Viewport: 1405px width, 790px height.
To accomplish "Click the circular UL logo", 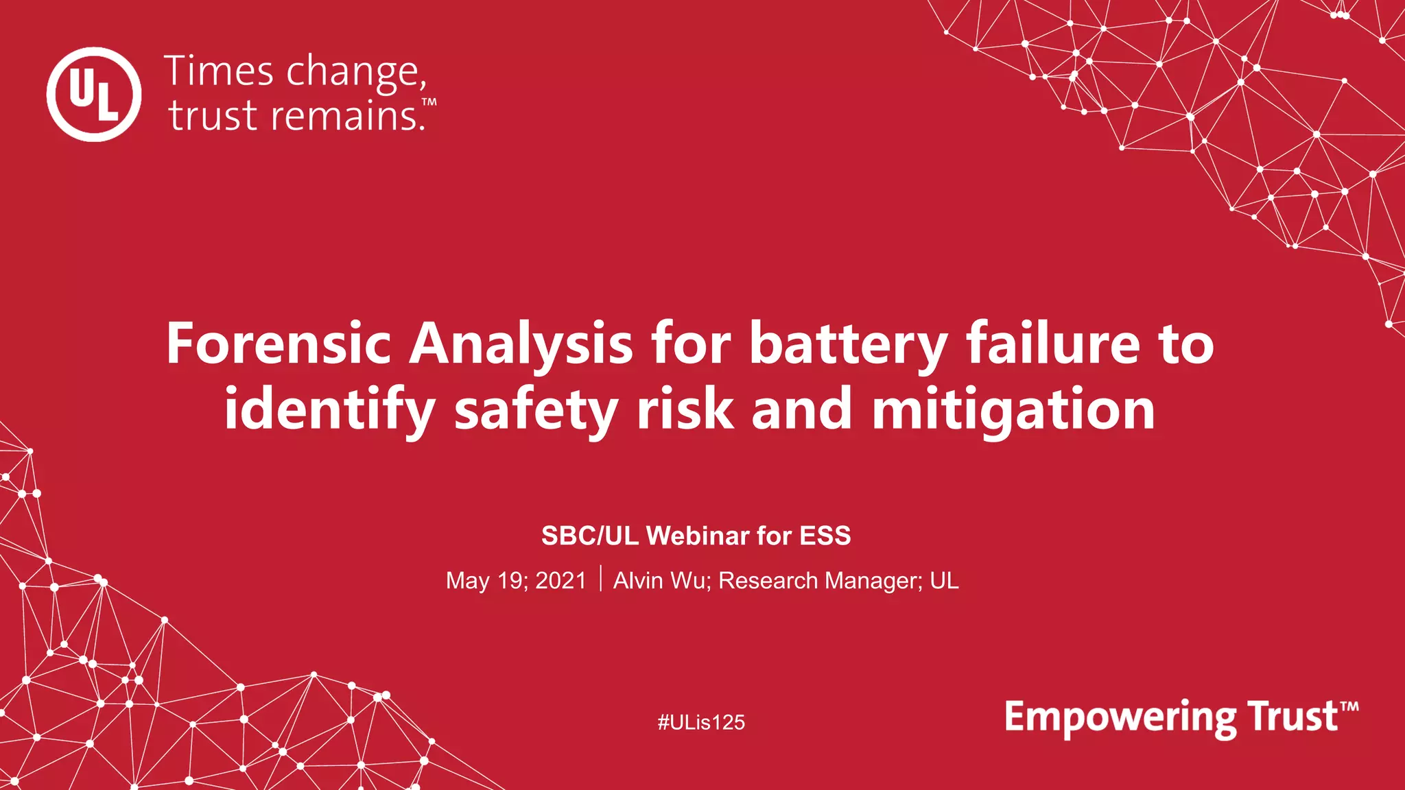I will click(94, 95).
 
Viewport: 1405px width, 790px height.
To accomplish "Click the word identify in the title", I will click(329, 410).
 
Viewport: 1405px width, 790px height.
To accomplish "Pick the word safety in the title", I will click(536, 410).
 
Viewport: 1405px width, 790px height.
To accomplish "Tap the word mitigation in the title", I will click(1013, 410).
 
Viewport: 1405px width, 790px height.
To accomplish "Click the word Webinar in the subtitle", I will click(698, 536).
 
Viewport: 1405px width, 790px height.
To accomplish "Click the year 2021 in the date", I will click(560, 581).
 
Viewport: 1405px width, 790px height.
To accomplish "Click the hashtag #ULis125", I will click(701, 722).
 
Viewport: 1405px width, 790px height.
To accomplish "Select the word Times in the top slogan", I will click(219, 71).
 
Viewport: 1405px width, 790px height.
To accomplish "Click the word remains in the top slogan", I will click(348, 115).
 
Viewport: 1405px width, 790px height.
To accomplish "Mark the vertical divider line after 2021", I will click(601, 579).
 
